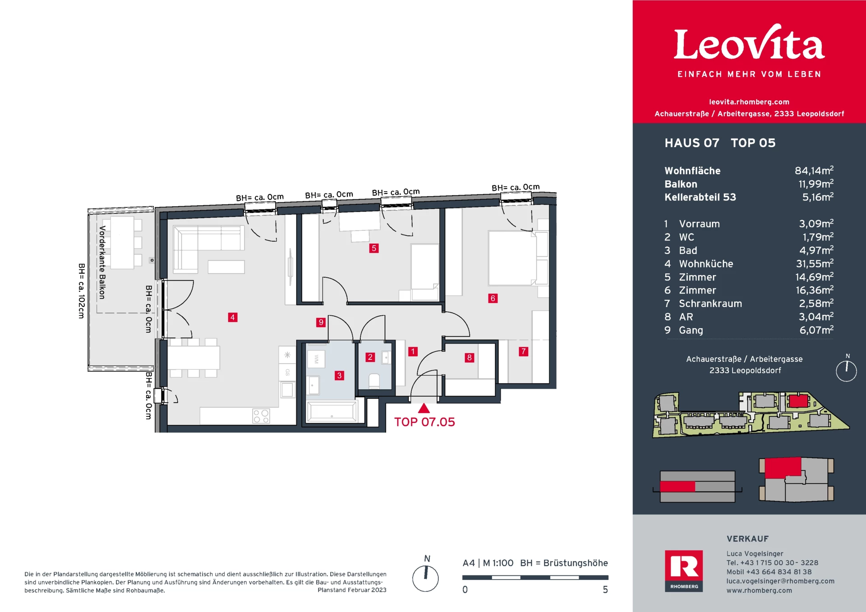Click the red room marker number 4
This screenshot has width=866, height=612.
232,317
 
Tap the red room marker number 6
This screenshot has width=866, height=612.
493,298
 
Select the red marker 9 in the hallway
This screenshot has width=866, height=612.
321,322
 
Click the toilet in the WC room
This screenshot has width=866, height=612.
374,381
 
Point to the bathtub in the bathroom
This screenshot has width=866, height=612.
332,412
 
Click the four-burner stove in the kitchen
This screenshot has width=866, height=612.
261,416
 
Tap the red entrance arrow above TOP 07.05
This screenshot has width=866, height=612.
424,408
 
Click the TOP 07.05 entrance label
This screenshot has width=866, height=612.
424,422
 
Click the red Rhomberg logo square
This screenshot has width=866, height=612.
684,571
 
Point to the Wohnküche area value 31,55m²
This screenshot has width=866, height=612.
815,263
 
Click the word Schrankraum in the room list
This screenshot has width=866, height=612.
710,304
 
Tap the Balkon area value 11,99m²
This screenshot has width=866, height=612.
816,184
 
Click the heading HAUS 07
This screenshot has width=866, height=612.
692,143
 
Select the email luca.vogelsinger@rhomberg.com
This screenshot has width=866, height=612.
780,581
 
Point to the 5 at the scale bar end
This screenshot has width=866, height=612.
605,589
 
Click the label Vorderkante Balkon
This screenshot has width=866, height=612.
102,262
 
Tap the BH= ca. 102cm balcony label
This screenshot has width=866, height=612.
82,291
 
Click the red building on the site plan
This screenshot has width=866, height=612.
798,401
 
